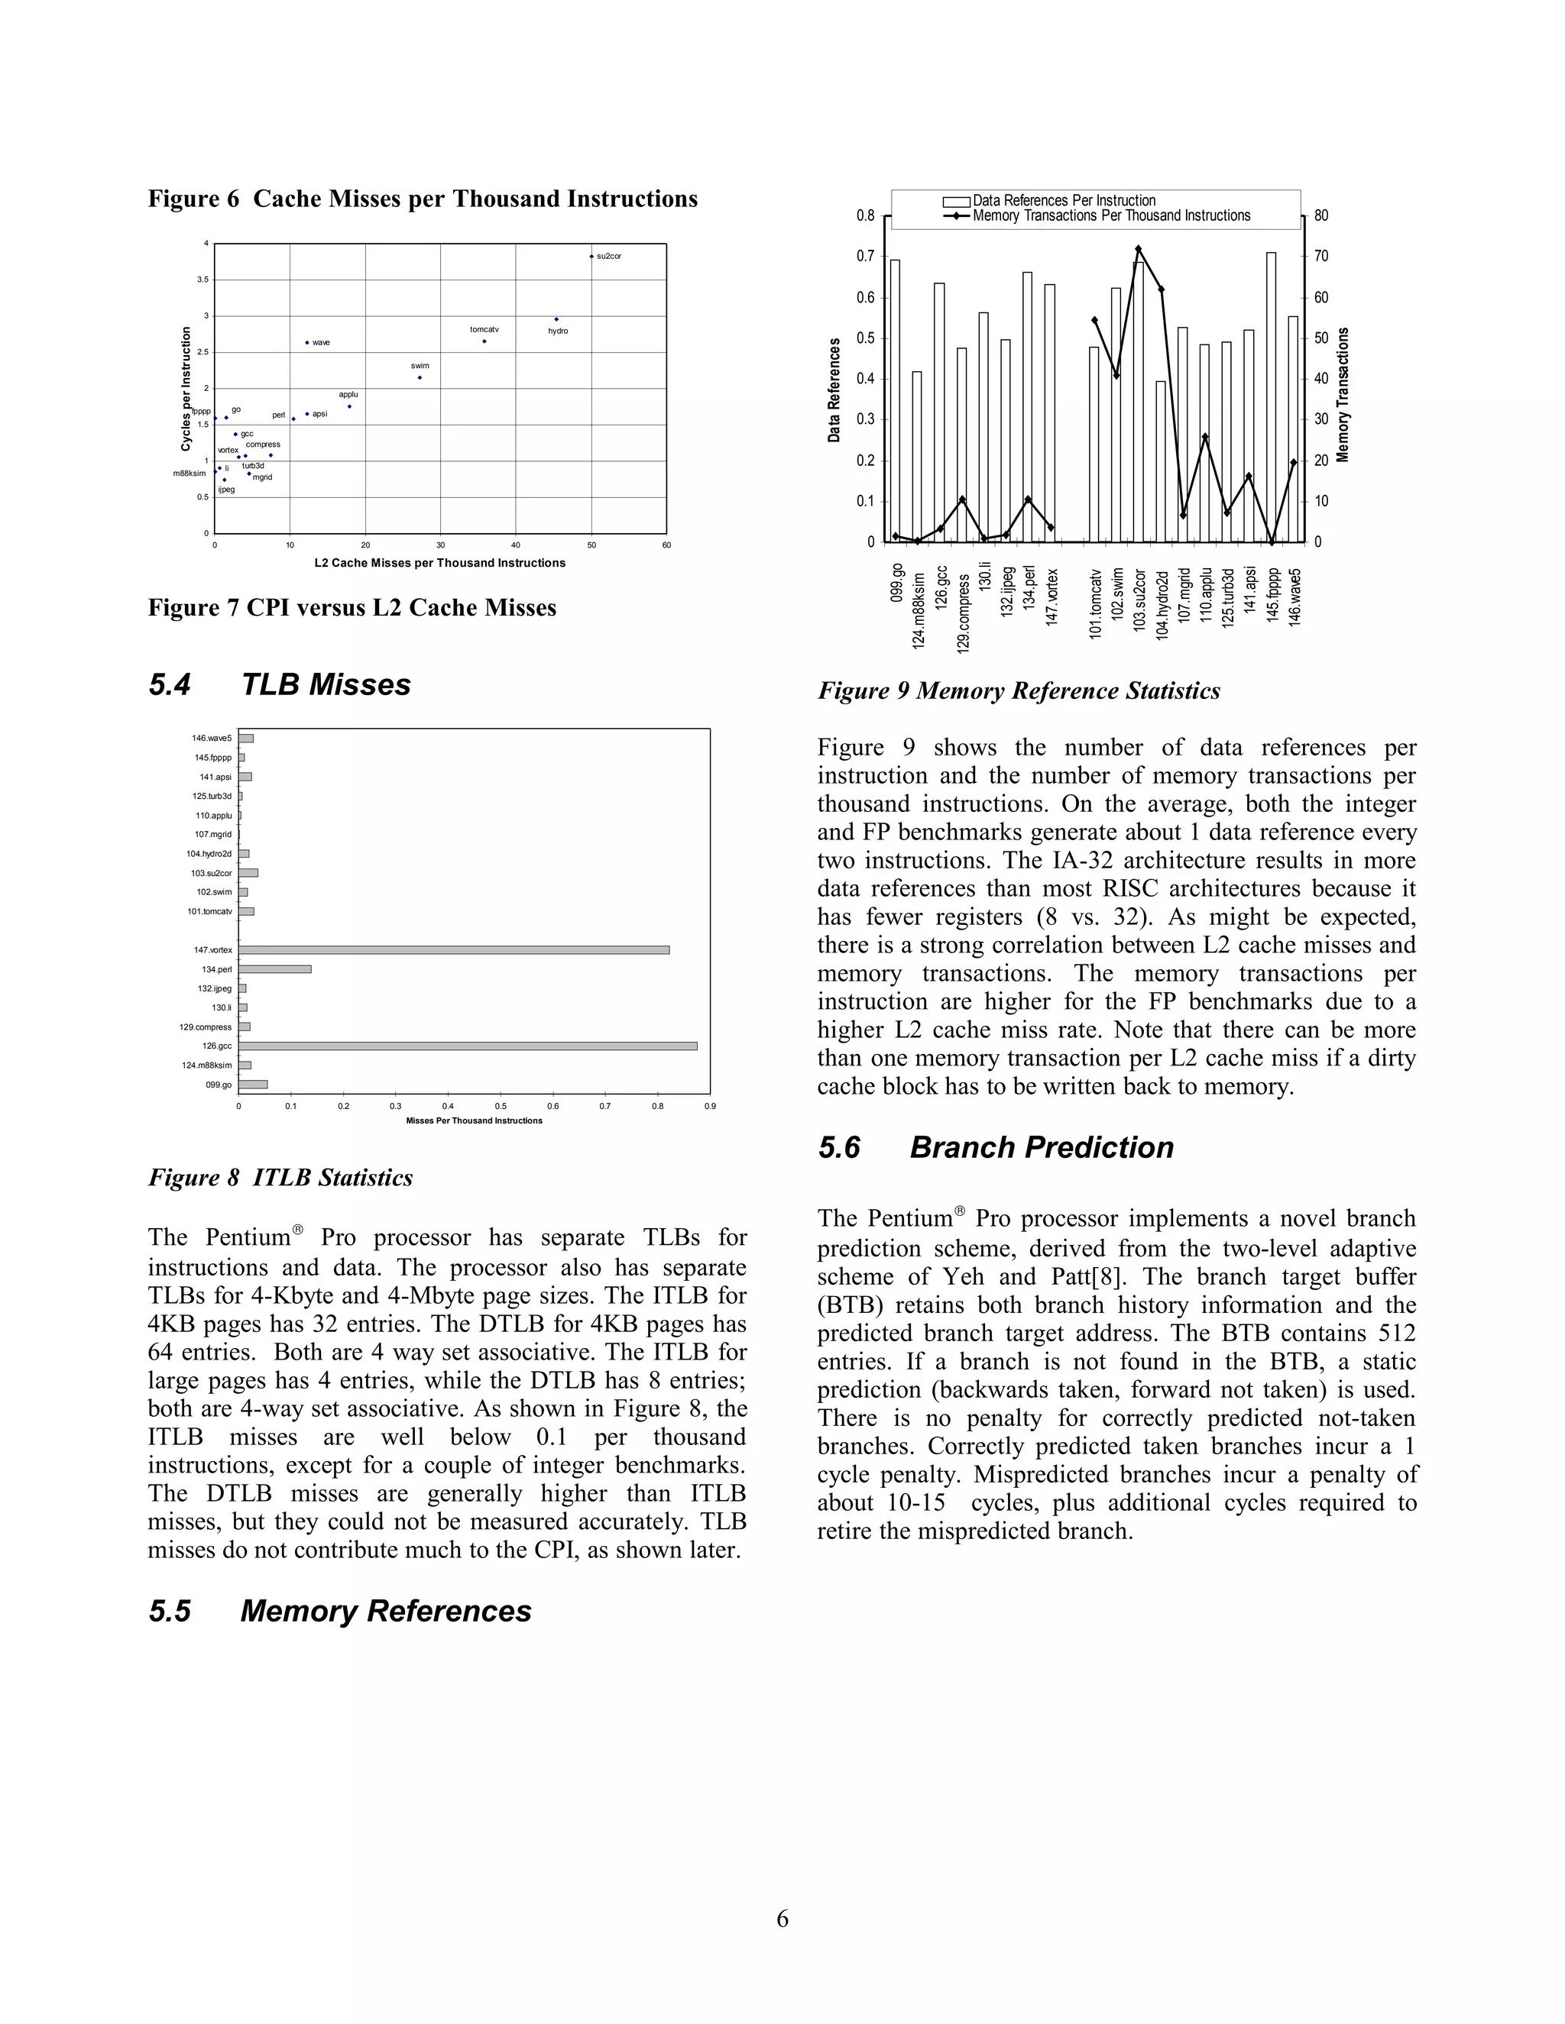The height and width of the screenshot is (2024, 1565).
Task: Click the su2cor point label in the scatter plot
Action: click(x=608, y=256)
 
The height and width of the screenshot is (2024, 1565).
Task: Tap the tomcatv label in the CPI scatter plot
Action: click(x=484, y=330)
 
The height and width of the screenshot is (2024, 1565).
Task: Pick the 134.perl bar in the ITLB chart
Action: click(x=274, y=969)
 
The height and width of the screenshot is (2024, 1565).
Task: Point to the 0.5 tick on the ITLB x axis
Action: click(x=501, y=1106)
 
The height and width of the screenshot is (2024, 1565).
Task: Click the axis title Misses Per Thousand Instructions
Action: click(x=474, y=1120)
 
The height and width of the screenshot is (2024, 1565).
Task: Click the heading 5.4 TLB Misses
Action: click(x=279, y=685)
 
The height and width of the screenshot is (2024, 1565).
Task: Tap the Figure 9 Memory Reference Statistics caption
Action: click(x=1018, y=691)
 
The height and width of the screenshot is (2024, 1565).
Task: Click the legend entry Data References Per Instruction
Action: click(x=1064, y=200)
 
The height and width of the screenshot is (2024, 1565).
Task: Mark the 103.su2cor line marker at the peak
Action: click(x=1139, y=248)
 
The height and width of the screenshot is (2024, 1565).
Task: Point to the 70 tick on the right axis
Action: click(x=1321, y=257)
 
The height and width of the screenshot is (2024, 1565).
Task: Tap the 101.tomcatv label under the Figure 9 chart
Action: click(x=1095, y=603)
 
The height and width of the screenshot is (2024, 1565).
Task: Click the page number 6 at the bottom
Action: click(x=782, y=1919)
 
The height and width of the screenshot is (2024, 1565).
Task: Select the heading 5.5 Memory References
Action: click(x=339, y=1611)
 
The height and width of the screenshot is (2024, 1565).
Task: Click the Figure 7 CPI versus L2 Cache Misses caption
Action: click(x=352, y=608)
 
